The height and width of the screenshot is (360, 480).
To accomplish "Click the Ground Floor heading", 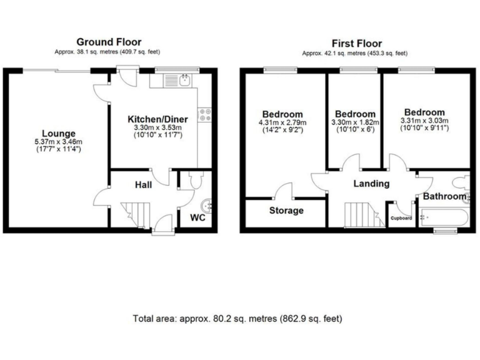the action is click(x=109, y=42).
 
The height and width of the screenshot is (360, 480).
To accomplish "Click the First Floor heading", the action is click(x=357, y=44).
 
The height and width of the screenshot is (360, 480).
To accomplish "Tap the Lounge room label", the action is click(x=59, y=134).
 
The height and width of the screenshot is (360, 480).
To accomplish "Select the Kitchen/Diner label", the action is click(x=157, y=119).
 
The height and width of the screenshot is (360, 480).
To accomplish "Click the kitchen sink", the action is click(x=185, y=81).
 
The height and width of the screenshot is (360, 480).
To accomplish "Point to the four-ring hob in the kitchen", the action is click(x=204, y=115).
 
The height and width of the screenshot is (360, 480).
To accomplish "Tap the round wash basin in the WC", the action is click(x=206, y=206).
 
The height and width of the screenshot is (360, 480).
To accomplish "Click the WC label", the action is click(x=197, y=217).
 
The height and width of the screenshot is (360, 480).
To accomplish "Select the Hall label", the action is click(x=143, y=185).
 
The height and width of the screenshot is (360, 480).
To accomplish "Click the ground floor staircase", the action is click(x=136, y=215).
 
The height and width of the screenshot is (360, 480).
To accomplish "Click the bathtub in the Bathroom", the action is click(x=444, y=217).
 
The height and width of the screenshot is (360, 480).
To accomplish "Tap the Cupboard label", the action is click(x=401, y=218).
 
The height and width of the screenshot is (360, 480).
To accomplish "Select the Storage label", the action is click(x=286, y=211).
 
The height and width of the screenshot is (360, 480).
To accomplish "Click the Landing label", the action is click(x=371, y=184).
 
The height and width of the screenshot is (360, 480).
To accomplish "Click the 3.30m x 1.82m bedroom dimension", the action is click(x=355, y=122).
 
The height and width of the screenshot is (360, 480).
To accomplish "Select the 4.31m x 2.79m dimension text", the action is click(x=282, y=122).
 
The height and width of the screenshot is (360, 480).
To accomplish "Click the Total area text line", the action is click(x=237, y=319).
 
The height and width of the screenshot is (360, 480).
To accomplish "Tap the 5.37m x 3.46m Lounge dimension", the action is click(x=59, y=142).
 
